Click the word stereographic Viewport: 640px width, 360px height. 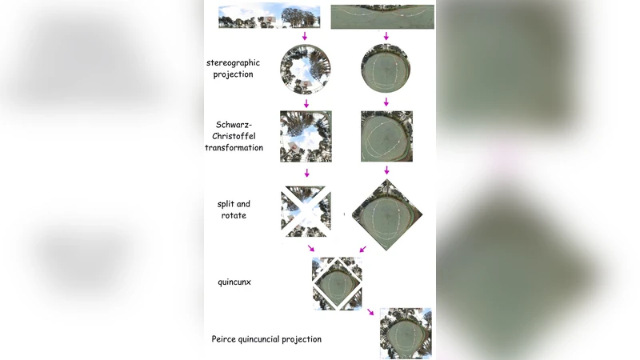pos(233,62)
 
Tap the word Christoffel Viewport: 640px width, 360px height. pos(240,136)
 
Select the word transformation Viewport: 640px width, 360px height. pos(234,148)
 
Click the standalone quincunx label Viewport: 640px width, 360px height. pos(234,282)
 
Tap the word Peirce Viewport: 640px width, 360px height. pos(225,339)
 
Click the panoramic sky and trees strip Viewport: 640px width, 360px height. pos(269,17)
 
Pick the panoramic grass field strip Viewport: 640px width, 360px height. pos(382,17)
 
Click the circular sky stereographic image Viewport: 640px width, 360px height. pos(306,70)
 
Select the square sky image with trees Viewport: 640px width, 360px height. pos(306,137)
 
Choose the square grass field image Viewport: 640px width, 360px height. pos(386,137)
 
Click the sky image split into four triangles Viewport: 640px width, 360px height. pos(306,211)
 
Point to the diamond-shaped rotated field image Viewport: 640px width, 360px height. pos(386,214)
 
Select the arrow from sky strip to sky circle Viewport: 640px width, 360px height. pos(306,37)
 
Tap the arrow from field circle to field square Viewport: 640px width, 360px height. pos(386,102)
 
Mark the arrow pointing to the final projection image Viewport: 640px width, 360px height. pos(370,312)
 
